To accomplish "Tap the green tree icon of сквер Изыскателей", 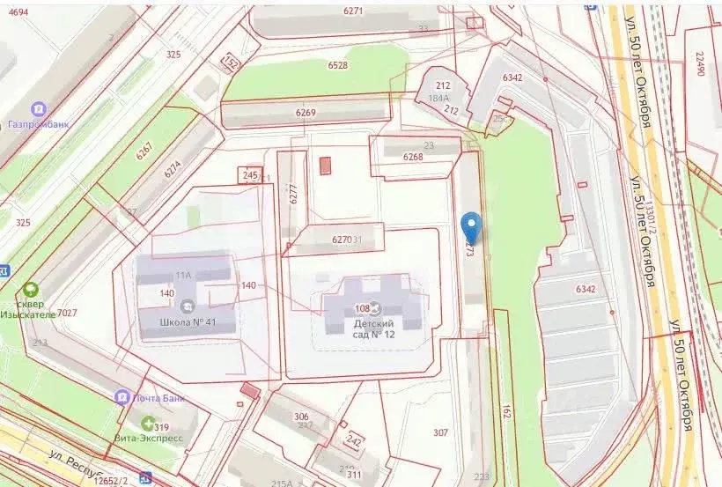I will [32, 289].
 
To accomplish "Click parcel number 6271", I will [353, 11].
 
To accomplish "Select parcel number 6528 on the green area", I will [337, 65].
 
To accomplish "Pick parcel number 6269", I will [306, 113].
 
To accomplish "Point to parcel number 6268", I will [413, 157].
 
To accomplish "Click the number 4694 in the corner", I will [18, 11].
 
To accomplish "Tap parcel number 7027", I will [68, 313].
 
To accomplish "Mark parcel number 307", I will [440, 432].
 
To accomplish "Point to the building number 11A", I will [183, 276].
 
